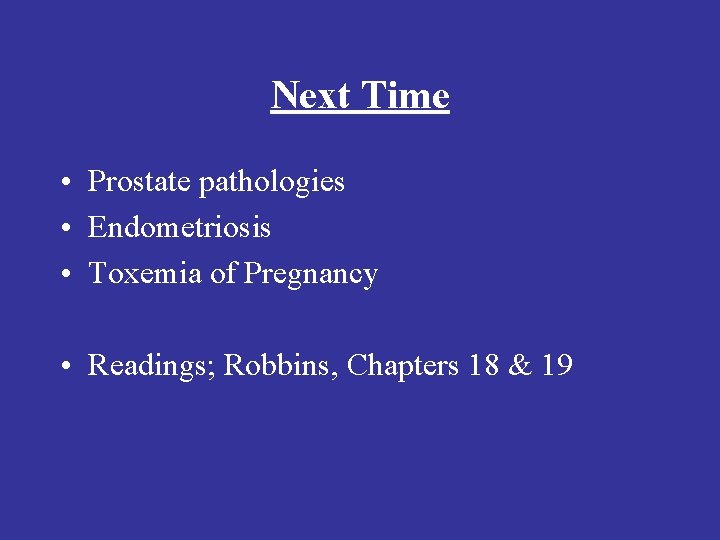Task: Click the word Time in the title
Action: point(405,96)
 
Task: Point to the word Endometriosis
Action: point(179,228)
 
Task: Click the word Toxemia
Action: point(146,274)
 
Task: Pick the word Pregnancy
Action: point(311,275)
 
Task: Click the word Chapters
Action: point(403,367)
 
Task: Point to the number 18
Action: point(483,366)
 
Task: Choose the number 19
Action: point(556,366)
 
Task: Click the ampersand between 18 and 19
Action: point(520,366)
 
